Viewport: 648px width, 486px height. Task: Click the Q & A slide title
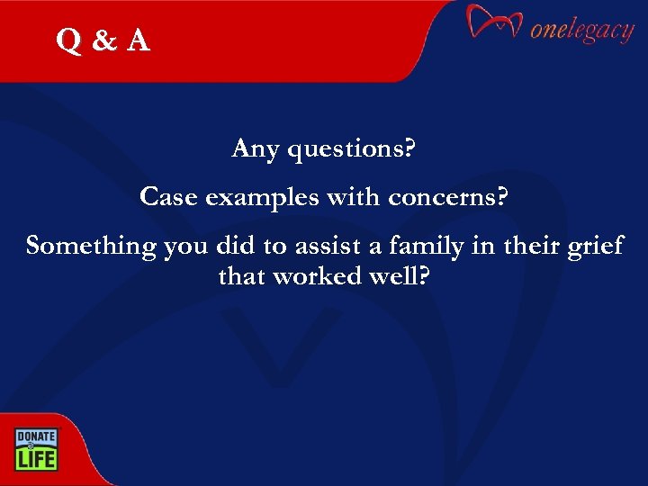point(103,40)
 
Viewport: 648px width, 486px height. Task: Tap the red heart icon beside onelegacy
point(494,25)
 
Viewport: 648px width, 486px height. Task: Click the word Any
point(255,148)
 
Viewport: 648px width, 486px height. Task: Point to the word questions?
point(350,149)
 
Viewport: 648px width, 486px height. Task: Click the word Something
point(91,246)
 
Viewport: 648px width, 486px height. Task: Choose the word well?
point(396,275)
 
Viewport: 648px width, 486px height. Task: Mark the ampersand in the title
point(103,40)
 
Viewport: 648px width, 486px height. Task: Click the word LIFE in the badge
point(35,458)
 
